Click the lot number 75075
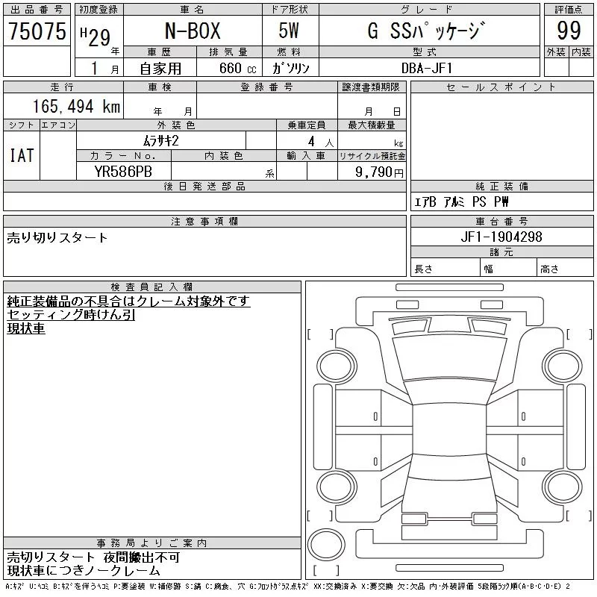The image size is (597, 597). pyautogui.click(x=37, y=31)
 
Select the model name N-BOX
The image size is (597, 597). pyautogui.click(x=193, y=31)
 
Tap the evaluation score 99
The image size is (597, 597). pyautogui.click(x=569, y=31)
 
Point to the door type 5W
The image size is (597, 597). pyautogui.click(x=289, y=31)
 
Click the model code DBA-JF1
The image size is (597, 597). pyautogui.click(x=427, y=68)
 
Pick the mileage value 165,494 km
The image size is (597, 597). pyautogui.click(x=77, y=107)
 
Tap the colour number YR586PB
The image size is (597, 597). pyautogui.click(x=123, y=172)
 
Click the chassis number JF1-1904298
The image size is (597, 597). pyautogui.click(x=501, y=237)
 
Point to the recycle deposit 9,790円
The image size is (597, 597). pyautogui.click(x=379, y=172)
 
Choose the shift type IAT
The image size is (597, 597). pyautogui.click(x=22, y=155)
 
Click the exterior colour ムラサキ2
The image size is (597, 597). pyautogui.click(x=160, y=141)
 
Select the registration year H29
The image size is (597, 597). pyautogui.click(x=96, y=37)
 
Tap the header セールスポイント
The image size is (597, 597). pyautogui.click(x=501, y=87)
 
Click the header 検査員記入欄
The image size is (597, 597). pyautogui.click(x=151, y=287)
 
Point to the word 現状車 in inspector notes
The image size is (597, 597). pyautogui.click(x=26, y=328)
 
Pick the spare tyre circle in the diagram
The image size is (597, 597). pyautogui.click(x=326, y=545)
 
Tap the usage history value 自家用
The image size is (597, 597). pyautogui.click(x=160, y=69)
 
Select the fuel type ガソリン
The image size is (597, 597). pyautogui.click(x=290, y=68)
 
